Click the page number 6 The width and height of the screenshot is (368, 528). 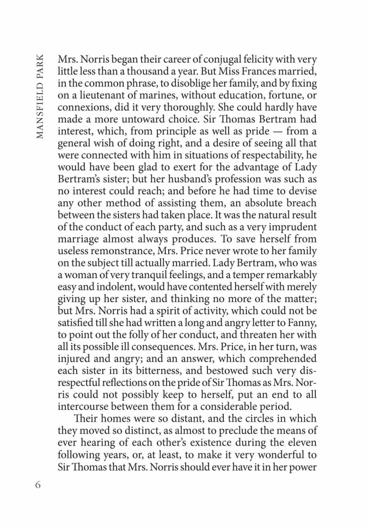(x=38, y=483)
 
